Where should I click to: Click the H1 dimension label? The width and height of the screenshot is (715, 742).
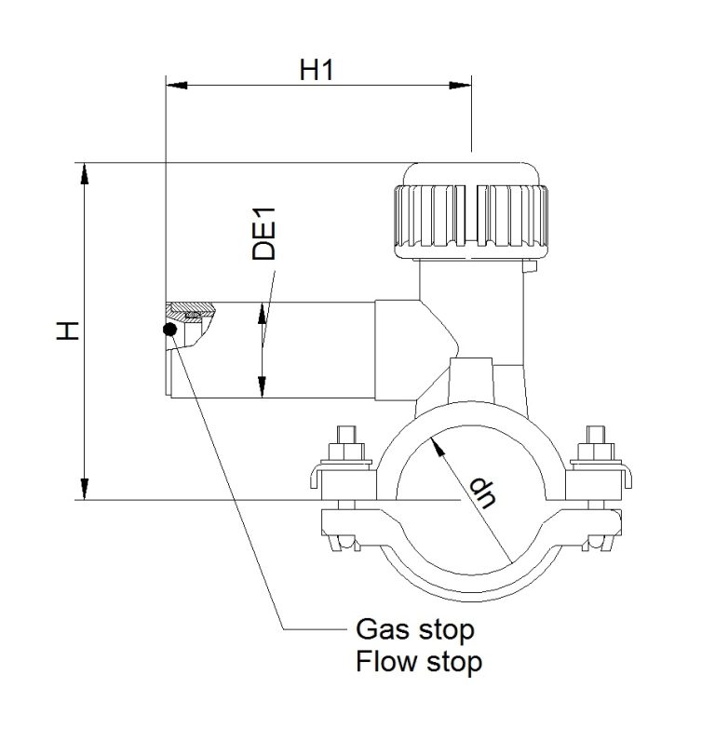pos(317,70)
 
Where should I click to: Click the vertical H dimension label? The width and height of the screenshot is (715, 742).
pos(68,331)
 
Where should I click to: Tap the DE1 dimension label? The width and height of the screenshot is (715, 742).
pos(263,234)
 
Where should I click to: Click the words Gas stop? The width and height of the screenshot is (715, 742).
pos(415,630)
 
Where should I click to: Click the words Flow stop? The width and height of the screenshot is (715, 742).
pos(419,661)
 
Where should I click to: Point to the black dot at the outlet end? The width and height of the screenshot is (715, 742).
pos(169,330)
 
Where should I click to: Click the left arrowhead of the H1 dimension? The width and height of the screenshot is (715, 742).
pos(177,86)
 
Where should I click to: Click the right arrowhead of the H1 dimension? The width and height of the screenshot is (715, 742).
pos(461,86)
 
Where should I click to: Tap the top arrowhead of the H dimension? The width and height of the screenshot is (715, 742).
pos(84,174)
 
